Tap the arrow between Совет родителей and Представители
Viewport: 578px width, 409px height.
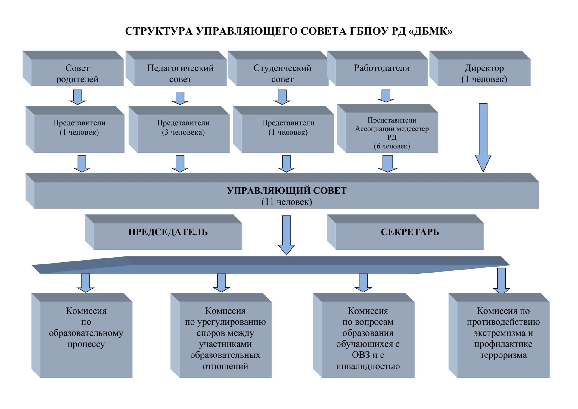click(78, 97)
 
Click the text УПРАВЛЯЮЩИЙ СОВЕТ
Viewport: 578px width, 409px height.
click(287, 190)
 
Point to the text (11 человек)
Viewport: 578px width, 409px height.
click(287, 202)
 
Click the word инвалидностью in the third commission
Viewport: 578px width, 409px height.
click(368, 366)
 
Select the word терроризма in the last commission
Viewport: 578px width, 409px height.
click(503, 355)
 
